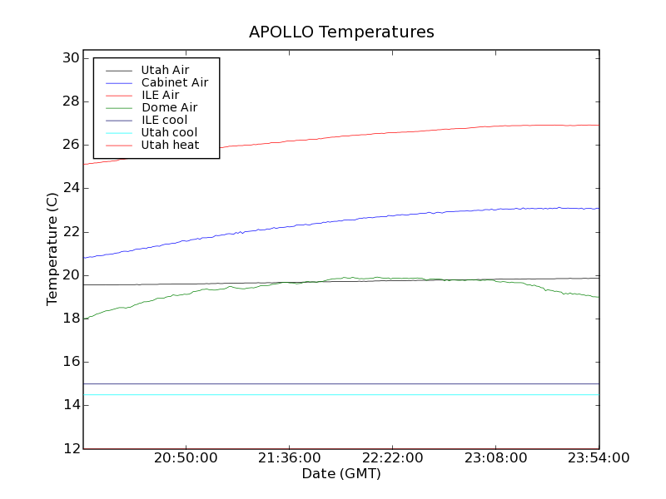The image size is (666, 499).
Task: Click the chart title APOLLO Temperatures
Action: pos(341,32)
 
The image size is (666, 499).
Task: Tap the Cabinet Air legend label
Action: pos(174,82)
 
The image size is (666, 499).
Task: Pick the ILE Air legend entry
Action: pos(160,95)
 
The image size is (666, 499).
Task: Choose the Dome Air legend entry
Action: pos(169,107)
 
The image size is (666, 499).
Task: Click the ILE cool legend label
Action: pos(164,120)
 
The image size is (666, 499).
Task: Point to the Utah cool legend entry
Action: pos(169,132)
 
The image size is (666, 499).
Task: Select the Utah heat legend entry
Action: pos(170,145)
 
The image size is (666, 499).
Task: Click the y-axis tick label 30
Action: pos(70,58)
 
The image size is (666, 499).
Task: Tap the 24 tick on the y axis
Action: pos(70,188)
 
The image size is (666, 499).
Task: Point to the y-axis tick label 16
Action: pos(70,362)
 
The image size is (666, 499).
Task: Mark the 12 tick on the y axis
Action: pos(70,448)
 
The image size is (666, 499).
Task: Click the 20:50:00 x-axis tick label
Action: pos(186,459)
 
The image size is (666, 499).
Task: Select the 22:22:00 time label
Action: pos(392,459)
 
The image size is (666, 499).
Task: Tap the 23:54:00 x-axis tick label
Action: pos(599,459)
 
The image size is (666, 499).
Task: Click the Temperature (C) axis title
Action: pos(52,249)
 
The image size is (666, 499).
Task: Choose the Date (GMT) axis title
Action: pos(341,474)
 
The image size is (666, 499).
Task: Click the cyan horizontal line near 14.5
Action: pos(333,394)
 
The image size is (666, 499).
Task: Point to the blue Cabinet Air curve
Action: pos(333,221)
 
